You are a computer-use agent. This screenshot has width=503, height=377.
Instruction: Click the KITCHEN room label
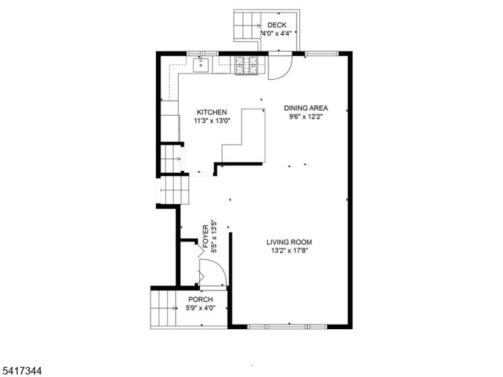[212, 112]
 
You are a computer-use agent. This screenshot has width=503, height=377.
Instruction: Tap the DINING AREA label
[306, 108]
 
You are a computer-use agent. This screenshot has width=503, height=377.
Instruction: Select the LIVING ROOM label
[289, 242]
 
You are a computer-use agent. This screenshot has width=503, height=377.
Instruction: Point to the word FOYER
[205, 236]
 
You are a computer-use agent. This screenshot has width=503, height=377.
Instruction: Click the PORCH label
[200, 299]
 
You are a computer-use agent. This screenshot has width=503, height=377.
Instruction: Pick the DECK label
[277, 25]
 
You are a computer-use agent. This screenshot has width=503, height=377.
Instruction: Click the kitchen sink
[201, 65]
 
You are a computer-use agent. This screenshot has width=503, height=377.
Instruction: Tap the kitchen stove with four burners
[246, 65]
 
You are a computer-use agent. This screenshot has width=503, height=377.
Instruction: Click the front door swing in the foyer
[213, 272]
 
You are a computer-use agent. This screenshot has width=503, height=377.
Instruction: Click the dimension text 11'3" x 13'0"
[212, 121]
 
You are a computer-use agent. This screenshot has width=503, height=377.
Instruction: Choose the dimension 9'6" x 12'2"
[306, 117]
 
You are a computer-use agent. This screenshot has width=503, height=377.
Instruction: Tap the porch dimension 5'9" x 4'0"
[200, 308]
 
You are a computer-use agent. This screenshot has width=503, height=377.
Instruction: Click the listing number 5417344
[21, 371]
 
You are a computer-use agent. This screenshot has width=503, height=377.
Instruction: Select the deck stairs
[247, 26]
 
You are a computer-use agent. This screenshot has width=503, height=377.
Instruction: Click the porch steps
[163, 308]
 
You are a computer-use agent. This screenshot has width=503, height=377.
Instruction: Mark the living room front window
[288, 327]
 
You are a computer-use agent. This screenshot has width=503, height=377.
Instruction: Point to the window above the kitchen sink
[203, 54]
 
